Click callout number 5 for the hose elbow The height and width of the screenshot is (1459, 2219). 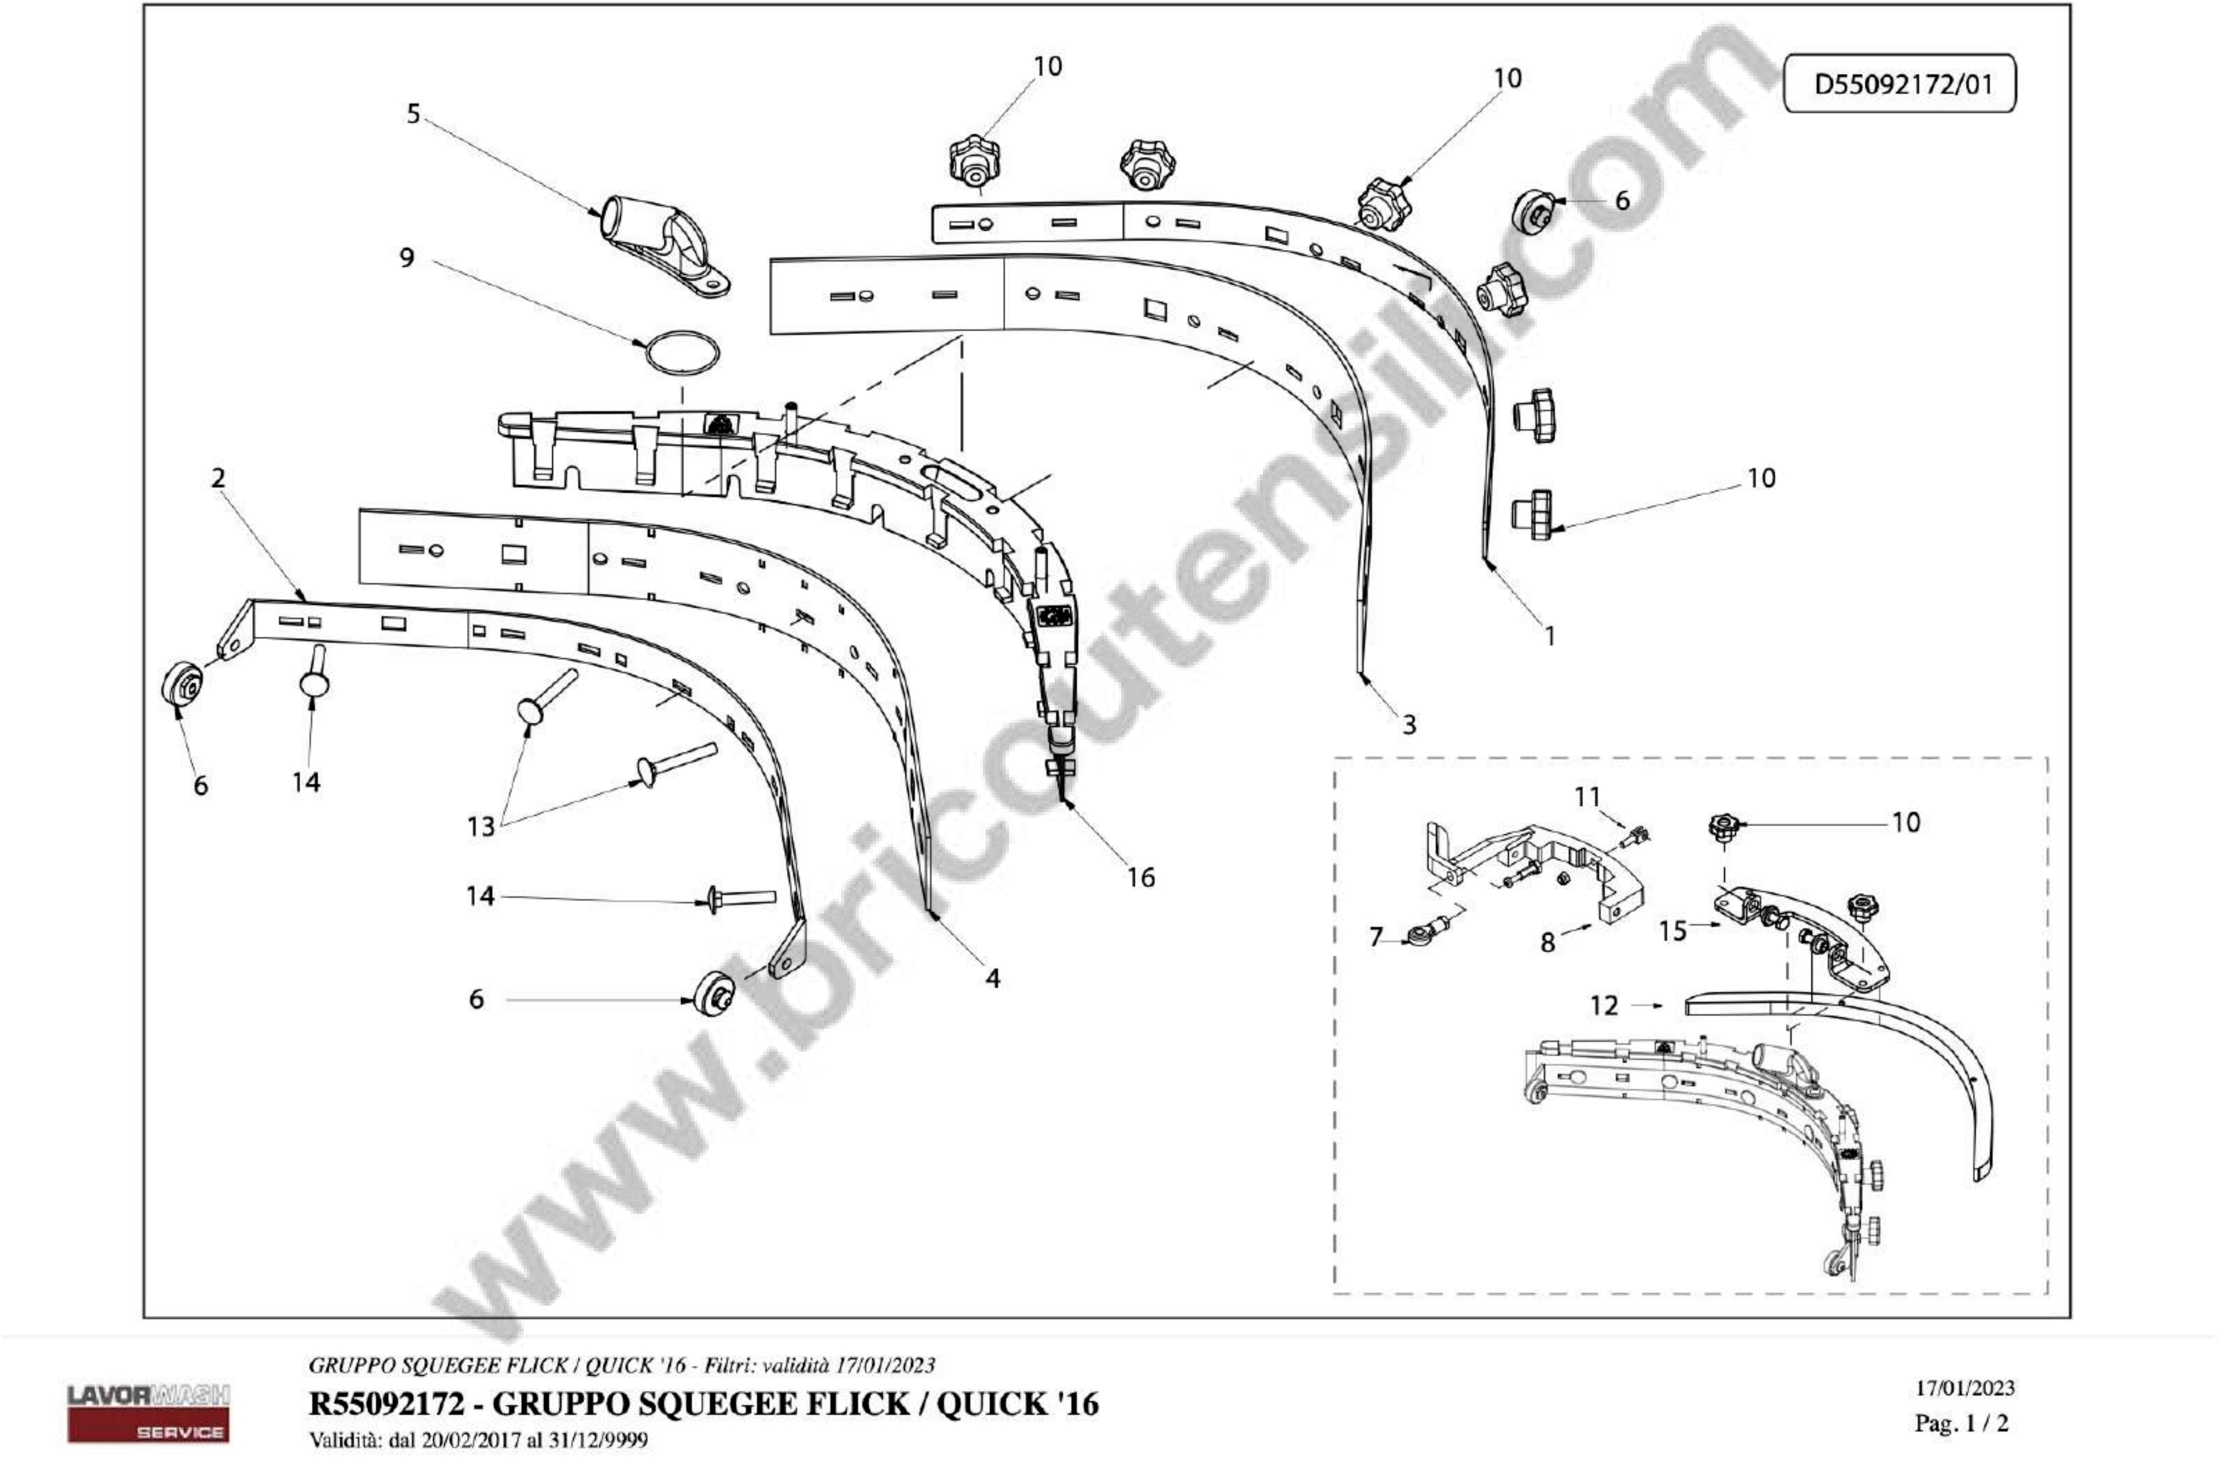[413, 114]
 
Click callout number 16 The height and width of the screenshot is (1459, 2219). [1140, 877]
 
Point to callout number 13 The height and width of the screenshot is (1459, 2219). [481, 826]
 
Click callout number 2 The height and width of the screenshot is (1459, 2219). [218, 478]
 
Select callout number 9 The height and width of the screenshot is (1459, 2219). [406, 257]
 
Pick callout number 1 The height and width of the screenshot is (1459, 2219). [1550, 636]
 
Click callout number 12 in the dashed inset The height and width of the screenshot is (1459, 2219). [1604, 1006]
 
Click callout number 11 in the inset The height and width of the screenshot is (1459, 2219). [1587, 797]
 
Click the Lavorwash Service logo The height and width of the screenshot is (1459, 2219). [148, 1412]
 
